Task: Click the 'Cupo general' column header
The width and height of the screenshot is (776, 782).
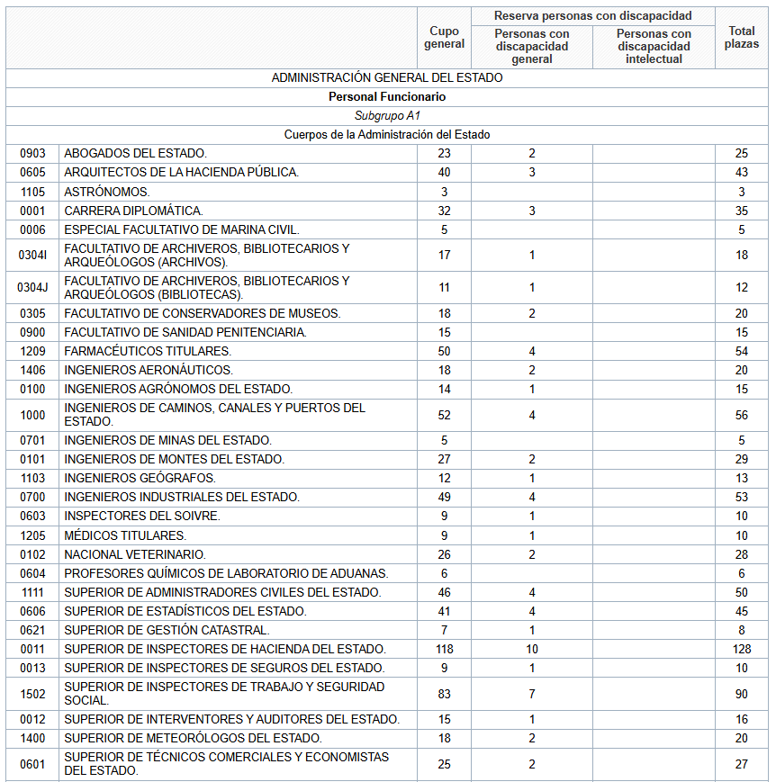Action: click(444, 38)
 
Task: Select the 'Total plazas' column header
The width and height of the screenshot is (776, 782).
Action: click(742, 38)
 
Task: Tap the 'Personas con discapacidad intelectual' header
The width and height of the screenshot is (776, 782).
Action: click(654, 47)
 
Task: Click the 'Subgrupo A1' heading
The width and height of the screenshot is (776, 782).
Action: click(387, 116)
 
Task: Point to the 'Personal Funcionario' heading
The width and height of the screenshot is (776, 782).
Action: click(387, 97)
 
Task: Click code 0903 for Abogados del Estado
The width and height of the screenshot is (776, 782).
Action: click(32, 154)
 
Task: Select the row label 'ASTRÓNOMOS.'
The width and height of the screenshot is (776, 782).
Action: click(107, 192)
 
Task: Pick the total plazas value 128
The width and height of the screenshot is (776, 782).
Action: click(742, 650)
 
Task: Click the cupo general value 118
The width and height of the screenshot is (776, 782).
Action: click(444, 650)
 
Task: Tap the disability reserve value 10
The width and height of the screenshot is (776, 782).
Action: click(532, 650)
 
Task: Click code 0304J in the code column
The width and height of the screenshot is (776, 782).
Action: click(32, 288)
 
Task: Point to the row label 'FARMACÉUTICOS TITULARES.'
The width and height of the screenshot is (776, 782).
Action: click(148, 351)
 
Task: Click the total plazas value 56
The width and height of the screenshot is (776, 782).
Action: click(742, 416)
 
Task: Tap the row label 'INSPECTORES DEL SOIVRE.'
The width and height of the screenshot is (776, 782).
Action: click(142, 517)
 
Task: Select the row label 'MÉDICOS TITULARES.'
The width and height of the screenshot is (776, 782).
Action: click(125, 535)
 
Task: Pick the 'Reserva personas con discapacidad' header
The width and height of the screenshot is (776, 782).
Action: click(592, 16)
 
